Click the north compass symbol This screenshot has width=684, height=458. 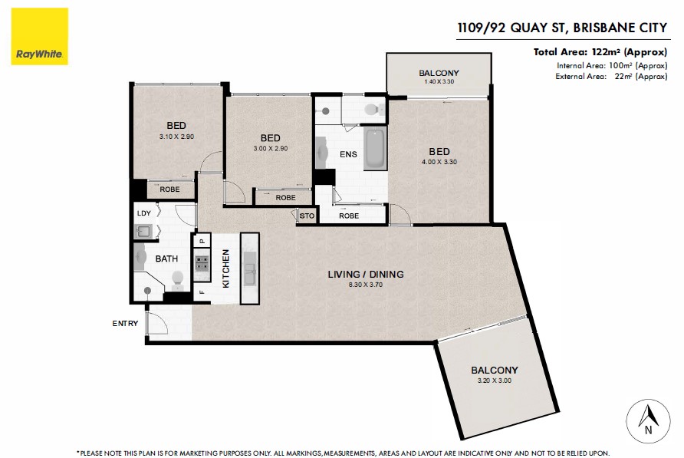[649, 420]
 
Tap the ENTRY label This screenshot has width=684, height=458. [125, 324]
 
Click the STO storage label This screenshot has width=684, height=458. [306, 216]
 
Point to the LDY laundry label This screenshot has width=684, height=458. [143, 213]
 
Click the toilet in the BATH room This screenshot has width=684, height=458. [176, 278]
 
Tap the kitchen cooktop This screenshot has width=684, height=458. [202, 265]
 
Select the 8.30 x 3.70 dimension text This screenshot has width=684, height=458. [365, 285]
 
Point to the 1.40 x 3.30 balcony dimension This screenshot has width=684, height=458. [439, 81]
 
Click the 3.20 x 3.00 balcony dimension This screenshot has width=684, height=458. [494, 381]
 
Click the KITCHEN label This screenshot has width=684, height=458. [226, 269]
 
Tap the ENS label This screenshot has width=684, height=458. [349, 154]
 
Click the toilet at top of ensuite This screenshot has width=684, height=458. [372, 110]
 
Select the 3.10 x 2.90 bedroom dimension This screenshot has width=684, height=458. [176, 137]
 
